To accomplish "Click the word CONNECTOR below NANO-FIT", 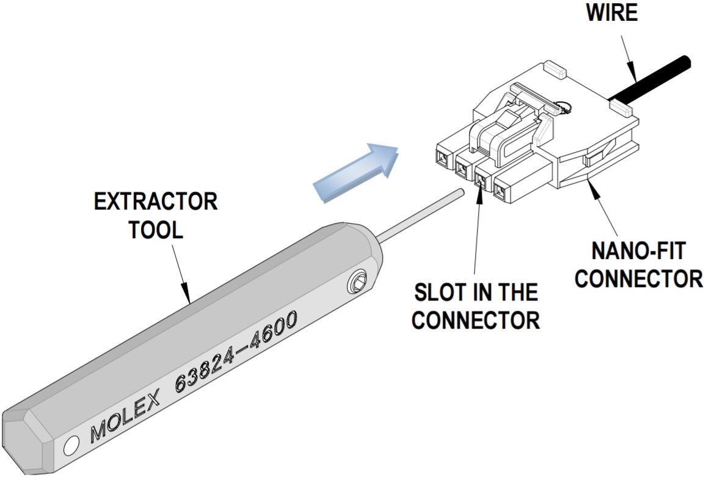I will tap(640, 279).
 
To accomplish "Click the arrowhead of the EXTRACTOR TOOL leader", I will tap(189, 299).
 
